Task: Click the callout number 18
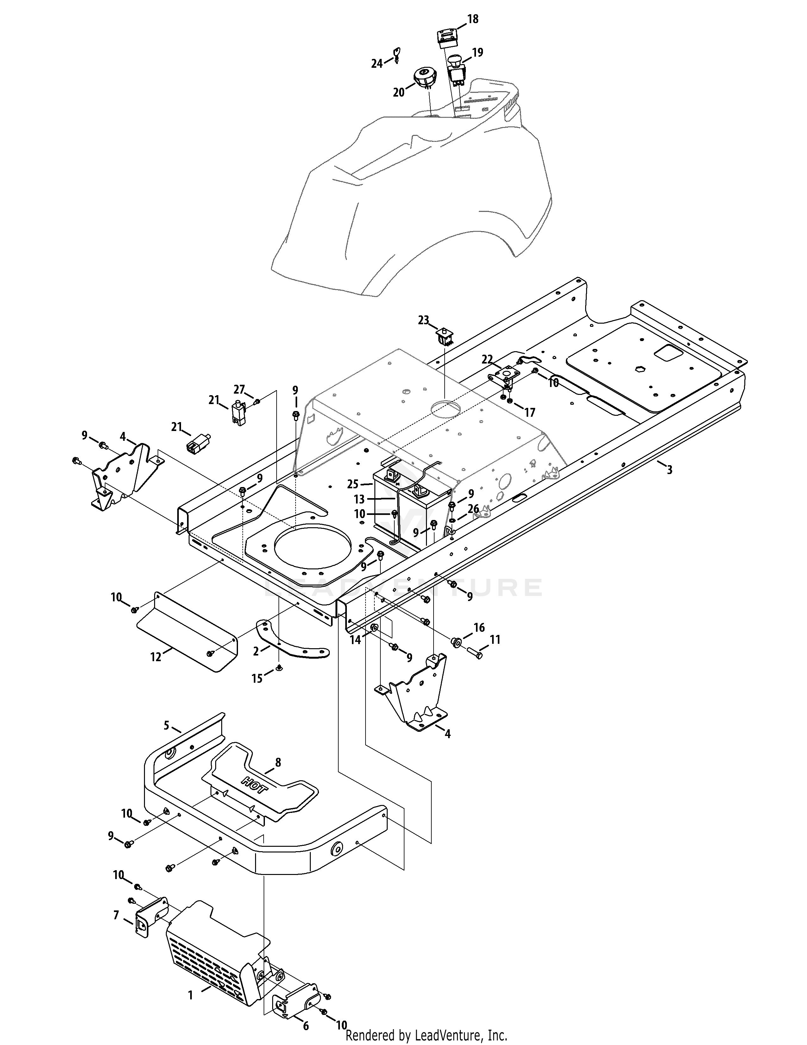(x=472, y=19)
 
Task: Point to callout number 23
(x=423, y=320)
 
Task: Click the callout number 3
(x=669, y=470)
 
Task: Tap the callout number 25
(x=353, y=484)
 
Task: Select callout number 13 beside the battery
(x=359, y=499)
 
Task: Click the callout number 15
(x=257, y=679)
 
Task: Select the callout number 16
(x=479, y=627)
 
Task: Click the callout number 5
(x=166, y=726)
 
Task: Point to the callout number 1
(x=190, y=982)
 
